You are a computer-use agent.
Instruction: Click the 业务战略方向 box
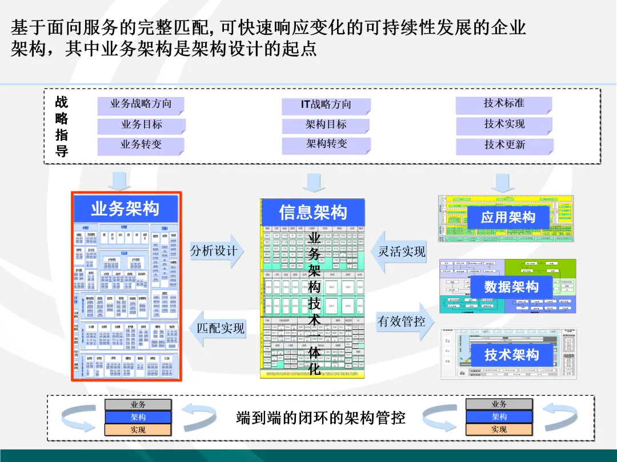(141, 104)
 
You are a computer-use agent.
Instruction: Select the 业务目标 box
(141, 125)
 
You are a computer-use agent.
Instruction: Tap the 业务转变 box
(141, 145)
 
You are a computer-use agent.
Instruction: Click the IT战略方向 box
(326, 105)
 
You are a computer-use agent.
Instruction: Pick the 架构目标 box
(326, 125)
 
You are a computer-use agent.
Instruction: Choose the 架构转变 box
(326, 144)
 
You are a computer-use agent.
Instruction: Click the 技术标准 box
(504, 104)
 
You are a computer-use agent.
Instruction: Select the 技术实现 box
(504, 124)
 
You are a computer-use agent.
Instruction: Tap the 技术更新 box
(504, 145)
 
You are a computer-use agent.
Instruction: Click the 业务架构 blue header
(126, 209)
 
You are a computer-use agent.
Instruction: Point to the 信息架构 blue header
(312, 213)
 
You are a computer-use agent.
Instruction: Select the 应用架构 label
(508, 217)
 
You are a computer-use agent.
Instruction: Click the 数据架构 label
(511, 287)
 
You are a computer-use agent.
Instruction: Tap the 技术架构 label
(511, 355)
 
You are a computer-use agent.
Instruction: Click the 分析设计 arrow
(216, 251)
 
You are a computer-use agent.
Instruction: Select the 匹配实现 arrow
(217, 329)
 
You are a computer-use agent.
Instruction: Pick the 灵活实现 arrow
(400, 252)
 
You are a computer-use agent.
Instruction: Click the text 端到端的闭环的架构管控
(321, 418)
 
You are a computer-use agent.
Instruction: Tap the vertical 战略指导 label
(61, 127)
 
